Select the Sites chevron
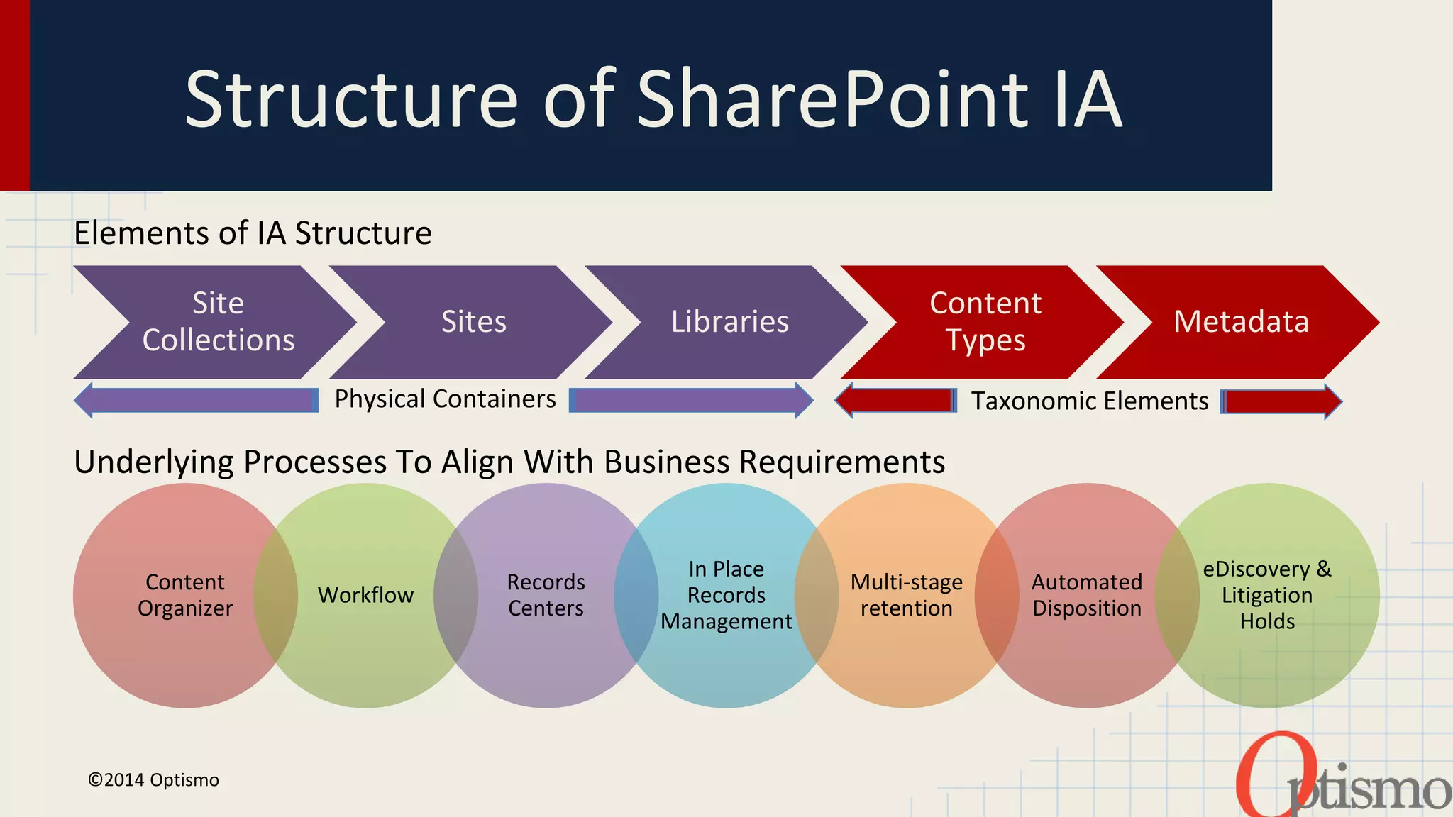(x=474, y=322)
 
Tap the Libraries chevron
(x=729, y=322)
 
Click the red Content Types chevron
(x=985, y=322)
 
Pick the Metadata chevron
(x=1241, y=322)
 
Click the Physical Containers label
(x=445, y=399)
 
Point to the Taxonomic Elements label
(x=1089, y=401)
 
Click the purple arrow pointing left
(x=197, y=400)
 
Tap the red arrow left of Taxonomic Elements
(x=895, y=401)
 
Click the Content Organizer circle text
(x=185, y=595)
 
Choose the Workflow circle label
(x=365, y=595)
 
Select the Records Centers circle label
(x=546, y=595)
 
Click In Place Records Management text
(x=726, y=595)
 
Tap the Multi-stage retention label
(x=906, y=595)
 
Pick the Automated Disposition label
(x=1086, y=595)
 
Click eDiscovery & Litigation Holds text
(x=1267, y=595)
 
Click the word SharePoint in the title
(x=833, y=99)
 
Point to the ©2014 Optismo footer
(x=153, y=780)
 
